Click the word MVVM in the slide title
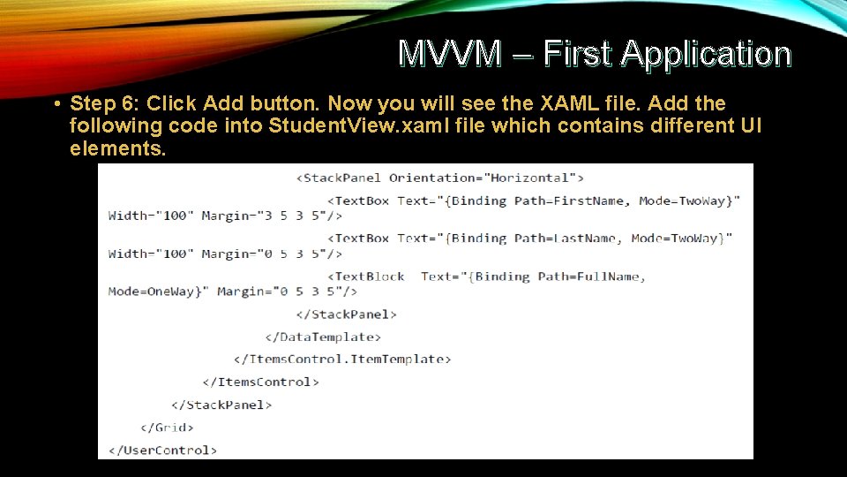[x=449, y=54]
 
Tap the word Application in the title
[x=706, y=54]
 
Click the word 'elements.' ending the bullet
[x=117, y=148]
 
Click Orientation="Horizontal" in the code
[x=486, y=178]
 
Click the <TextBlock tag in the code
[x=365, y=276]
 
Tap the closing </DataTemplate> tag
[x=323, y=337]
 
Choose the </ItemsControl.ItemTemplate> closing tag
[x=342, y=359]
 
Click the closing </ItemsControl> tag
[x=260, y=382]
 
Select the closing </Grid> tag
[x=167, y=428]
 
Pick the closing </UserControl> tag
[x=162, y=450]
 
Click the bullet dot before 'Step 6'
[x=56, y=104]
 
